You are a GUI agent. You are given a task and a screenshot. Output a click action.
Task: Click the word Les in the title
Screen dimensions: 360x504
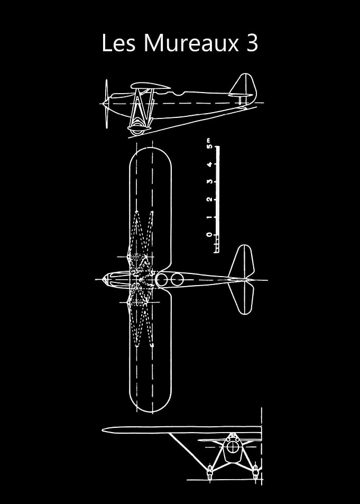point(118,43)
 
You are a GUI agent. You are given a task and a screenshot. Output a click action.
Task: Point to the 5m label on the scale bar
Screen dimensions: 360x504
point(209,145)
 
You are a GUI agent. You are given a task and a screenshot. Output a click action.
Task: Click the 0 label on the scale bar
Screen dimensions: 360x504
point(209,235)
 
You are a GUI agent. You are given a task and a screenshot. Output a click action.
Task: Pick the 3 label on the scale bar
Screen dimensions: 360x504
point(209,181)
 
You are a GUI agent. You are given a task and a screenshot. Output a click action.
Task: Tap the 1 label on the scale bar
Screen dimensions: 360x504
point(209,217)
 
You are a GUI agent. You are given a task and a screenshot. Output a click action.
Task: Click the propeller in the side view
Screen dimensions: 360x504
point(106,104)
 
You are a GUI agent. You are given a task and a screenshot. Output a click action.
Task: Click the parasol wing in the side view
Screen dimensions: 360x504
point(151,86)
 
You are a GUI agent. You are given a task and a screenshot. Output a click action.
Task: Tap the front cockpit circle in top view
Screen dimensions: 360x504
point(162,279)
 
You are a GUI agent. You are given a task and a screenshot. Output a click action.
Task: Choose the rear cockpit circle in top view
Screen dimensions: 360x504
point(177,279)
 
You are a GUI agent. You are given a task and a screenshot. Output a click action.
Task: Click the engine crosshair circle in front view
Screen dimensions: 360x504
point(232,447)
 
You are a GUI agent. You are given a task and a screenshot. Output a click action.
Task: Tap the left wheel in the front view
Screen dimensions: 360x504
point(209,472)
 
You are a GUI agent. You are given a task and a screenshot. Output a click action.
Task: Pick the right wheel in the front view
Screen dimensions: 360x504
point(255,472)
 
